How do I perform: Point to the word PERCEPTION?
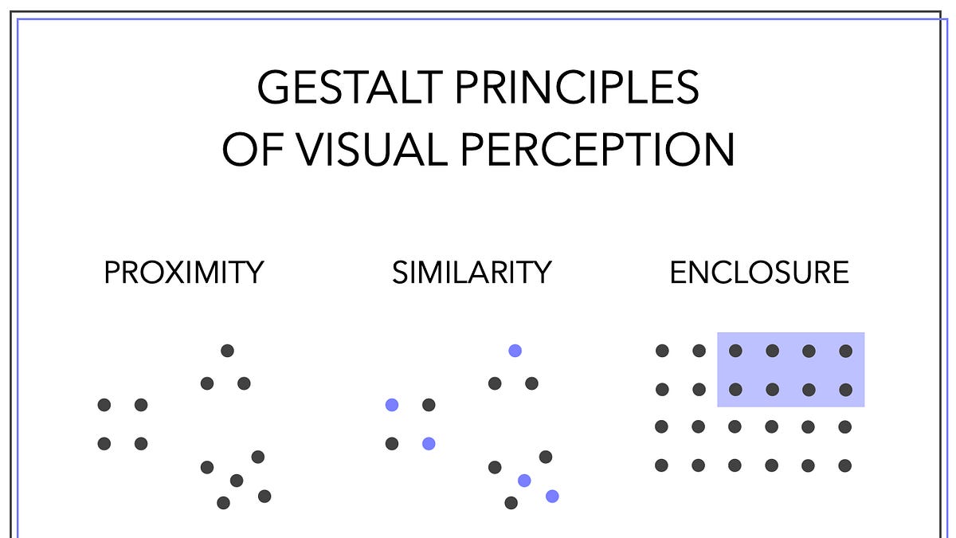(x=597, y=149)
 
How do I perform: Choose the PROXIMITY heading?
(x=184, y=273)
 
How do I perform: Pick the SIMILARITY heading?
(x=472, y=273)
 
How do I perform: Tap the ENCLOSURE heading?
(x=759, y=273)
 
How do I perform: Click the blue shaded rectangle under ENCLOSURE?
(x=790, y=370)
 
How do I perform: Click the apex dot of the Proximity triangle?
(x=227, y=350)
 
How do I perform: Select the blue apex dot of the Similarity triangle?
(x=515, y=350)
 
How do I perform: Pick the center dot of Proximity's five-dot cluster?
(x=236, y=480)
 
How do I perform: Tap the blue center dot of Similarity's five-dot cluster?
(x=524, y=480)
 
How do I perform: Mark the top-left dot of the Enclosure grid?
(x=662, y=351)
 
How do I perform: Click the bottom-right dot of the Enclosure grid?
(x=845, y=465)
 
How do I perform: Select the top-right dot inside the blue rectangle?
(x=845, y=351)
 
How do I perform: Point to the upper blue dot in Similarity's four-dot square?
(x=392, y=405)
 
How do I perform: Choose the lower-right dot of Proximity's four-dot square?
(x=141, y=443)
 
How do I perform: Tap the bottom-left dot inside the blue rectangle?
(x=735, y=390)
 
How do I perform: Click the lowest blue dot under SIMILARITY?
(x=552, y=496)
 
